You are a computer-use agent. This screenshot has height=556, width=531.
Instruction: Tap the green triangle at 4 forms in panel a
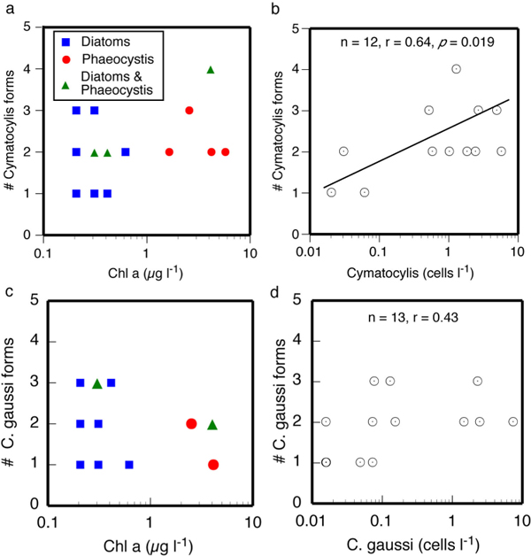[x=211, y=69]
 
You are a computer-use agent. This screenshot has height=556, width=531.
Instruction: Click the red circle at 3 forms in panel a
[x=189, y=111]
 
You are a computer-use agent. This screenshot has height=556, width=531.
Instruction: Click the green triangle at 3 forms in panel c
[x=97, y=383]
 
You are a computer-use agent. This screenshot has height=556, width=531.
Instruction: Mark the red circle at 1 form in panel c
[x=213, y=465]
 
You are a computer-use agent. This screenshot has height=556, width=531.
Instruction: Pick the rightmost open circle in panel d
[x=513, y=422]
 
